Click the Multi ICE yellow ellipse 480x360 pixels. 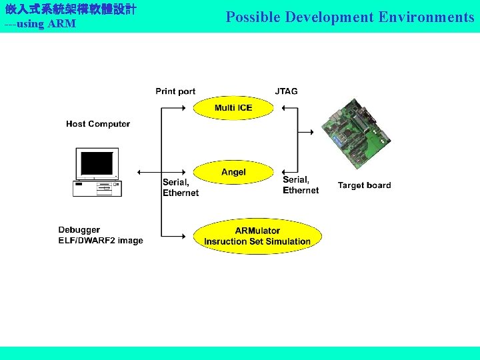pyautogui.click(x=233, y=107)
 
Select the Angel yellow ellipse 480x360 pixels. pyautogui.click(x=233, y=172)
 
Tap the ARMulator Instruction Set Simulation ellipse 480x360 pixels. pyautogui.click(x=257, y=236)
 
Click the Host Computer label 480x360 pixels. pyautogui.click(x=98, y=124)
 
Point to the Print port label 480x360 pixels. pyautogui.click(x=175, y=91)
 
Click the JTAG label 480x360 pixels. pyautogui.click(x=286, y=91)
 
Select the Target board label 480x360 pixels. pyautogui.click(x=364, y=185)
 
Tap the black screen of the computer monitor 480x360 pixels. pyautogui.click(x=96, y=163)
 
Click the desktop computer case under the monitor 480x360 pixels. pyautogui.click(x=97, y=189)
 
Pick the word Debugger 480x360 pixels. pyautogui.click(x=79, y=230)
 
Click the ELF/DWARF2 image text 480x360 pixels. pyautogui.click(x=101, y=241)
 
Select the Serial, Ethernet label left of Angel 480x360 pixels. pyautogui.click(x=180, y=187)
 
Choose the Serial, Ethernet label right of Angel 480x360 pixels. pyautogui.click(x=300, y=185)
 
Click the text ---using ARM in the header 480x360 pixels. pyautogui.click(x=40, y=24)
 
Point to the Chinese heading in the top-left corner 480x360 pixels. pyautogui.click(x=70, y=9)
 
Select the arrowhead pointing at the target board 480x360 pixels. pyautogui.click(x=311, y=132)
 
